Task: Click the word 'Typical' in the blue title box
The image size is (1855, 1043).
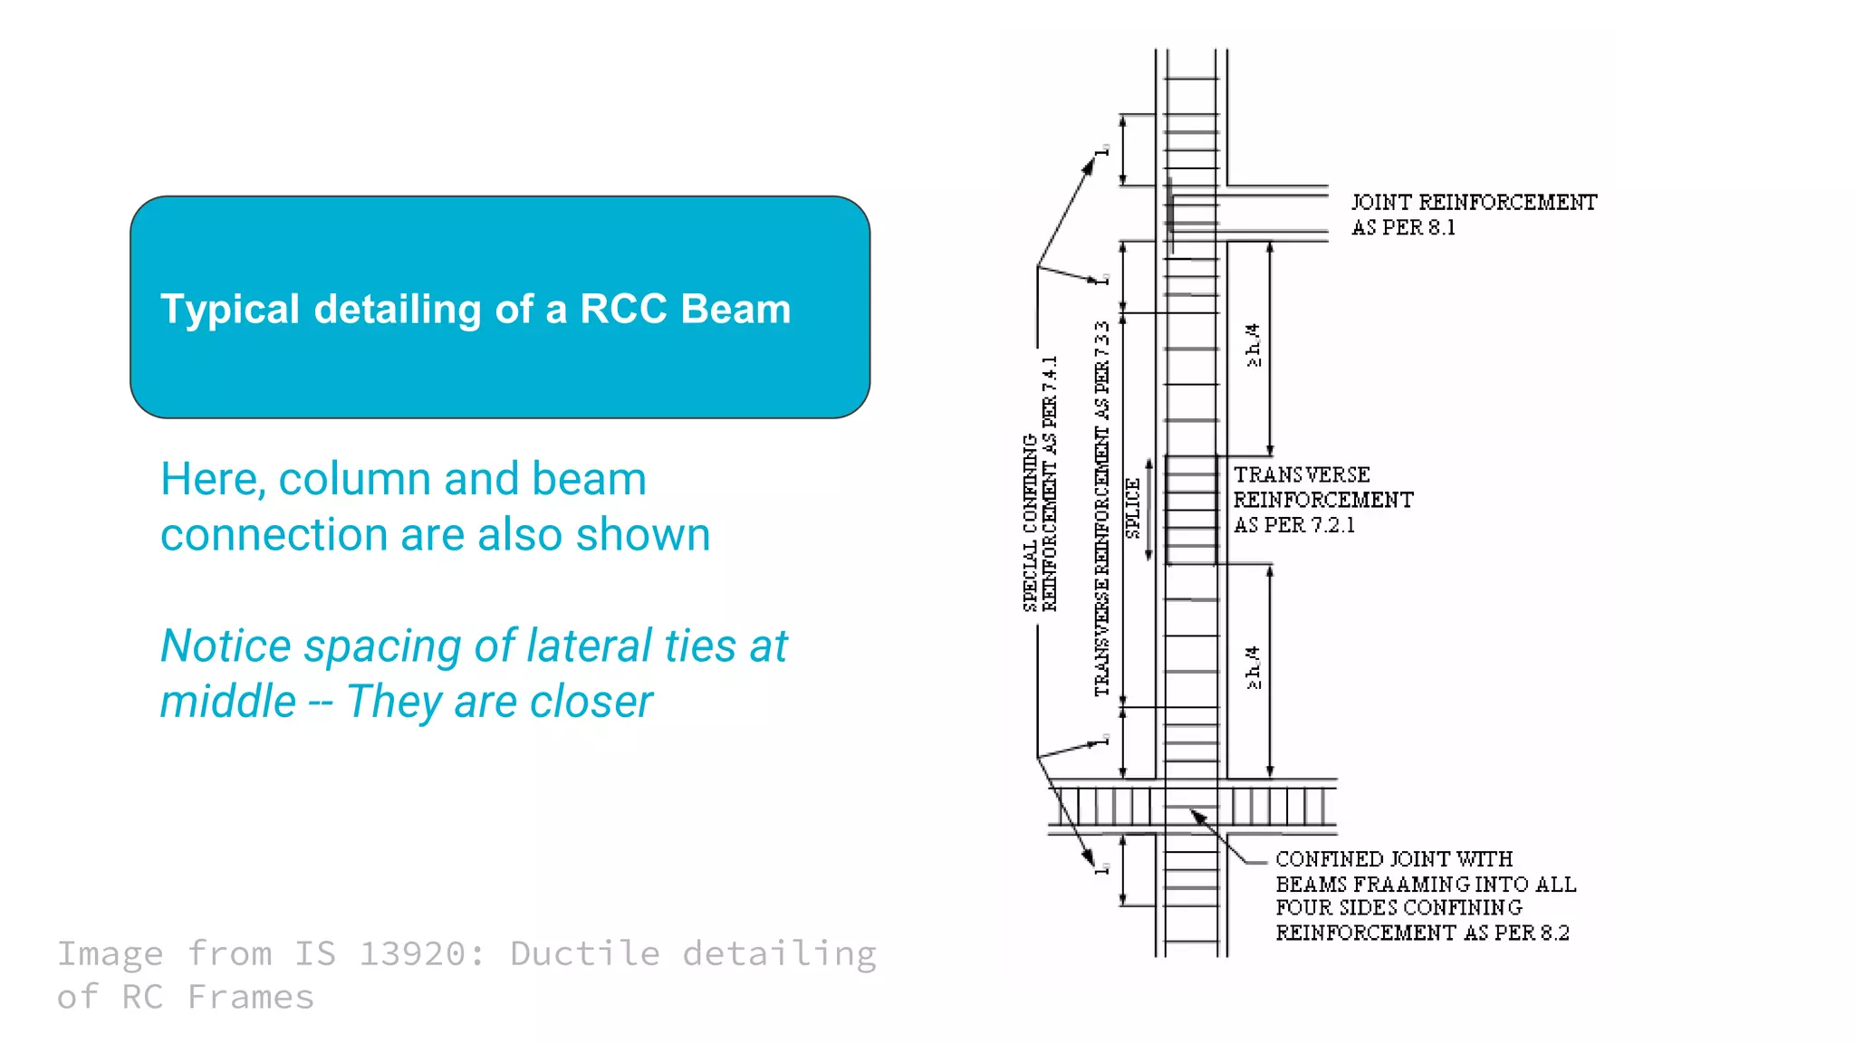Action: click(229, 310)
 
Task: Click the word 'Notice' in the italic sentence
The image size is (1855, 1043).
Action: click(226, 646)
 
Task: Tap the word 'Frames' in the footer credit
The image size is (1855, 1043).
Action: click(251, 997)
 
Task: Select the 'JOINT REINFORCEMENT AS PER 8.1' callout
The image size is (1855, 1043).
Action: click(1473, 215)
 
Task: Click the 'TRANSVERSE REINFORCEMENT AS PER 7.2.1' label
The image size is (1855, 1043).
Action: click(1322, 500)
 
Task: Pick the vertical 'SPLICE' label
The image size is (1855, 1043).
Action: click(1132, 509)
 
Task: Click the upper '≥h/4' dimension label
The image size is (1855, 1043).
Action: click(1253, 345)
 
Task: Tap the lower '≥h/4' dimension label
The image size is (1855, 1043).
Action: click(1253, 667)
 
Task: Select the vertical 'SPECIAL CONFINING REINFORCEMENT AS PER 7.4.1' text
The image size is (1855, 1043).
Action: click(1040, 484)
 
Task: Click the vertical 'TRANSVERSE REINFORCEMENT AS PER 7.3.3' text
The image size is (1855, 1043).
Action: click(1101, 509)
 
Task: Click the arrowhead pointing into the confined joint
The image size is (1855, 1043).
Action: click(1198, 816)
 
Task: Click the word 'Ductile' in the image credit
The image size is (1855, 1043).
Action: click(585, 953)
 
